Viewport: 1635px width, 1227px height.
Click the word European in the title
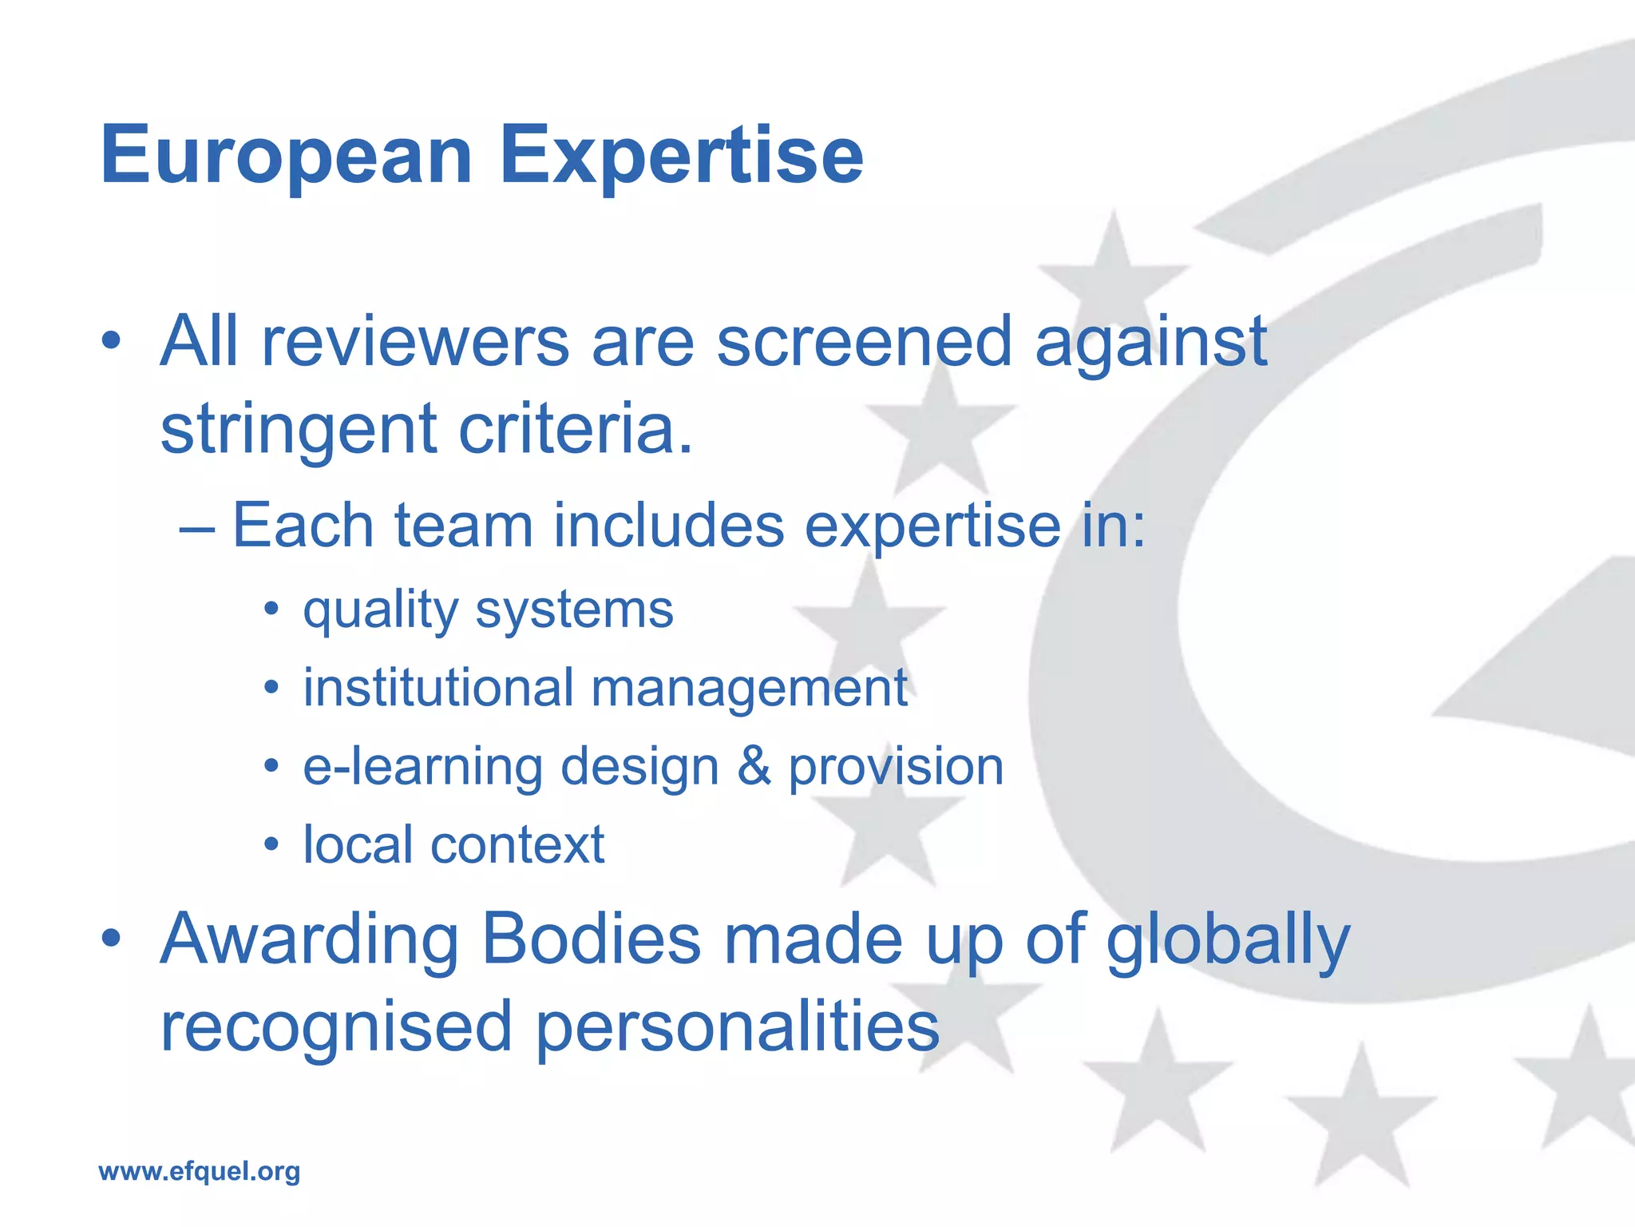286,156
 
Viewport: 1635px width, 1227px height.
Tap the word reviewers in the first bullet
415,342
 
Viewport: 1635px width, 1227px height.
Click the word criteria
575,430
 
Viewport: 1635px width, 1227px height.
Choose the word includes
668,526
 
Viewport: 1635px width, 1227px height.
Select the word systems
574,612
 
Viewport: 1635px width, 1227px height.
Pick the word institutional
438,688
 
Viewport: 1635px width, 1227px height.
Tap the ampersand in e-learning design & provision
754,766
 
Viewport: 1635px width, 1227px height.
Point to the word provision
896,768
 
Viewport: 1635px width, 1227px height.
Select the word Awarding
310,941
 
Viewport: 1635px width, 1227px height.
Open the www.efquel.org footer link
199,1172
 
